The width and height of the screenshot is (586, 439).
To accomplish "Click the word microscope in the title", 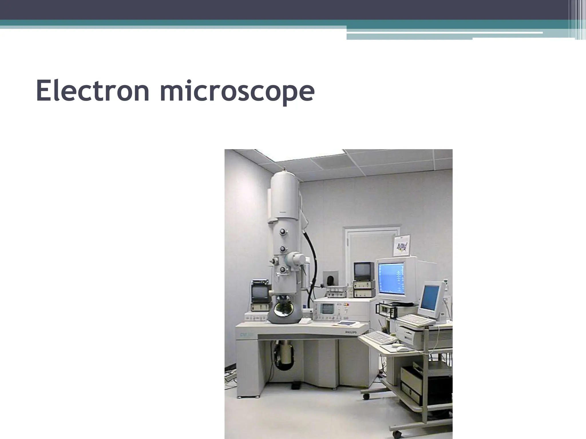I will click(237, 91).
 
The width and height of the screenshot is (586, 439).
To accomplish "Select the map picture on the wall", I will click(402, 246).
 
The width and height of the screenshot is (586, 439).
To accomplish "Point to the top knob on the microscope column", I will click(283, 232).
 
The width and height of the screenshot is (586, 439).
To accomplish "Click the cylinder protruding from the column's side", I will click(296, 259).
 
